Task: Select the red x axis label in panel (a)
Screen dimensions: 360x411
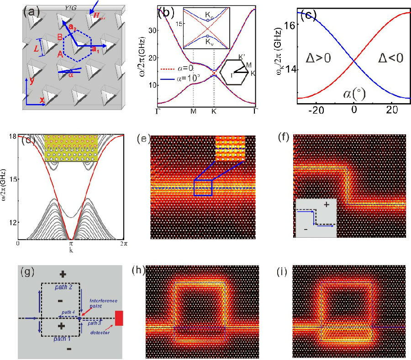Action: click(x=42, y=99)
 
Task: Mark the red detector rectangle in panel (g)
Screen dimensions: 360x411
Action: click(x=119, y=318)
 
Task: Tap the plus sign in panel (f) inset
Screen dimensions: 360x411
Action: click(x=325, y=205)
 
